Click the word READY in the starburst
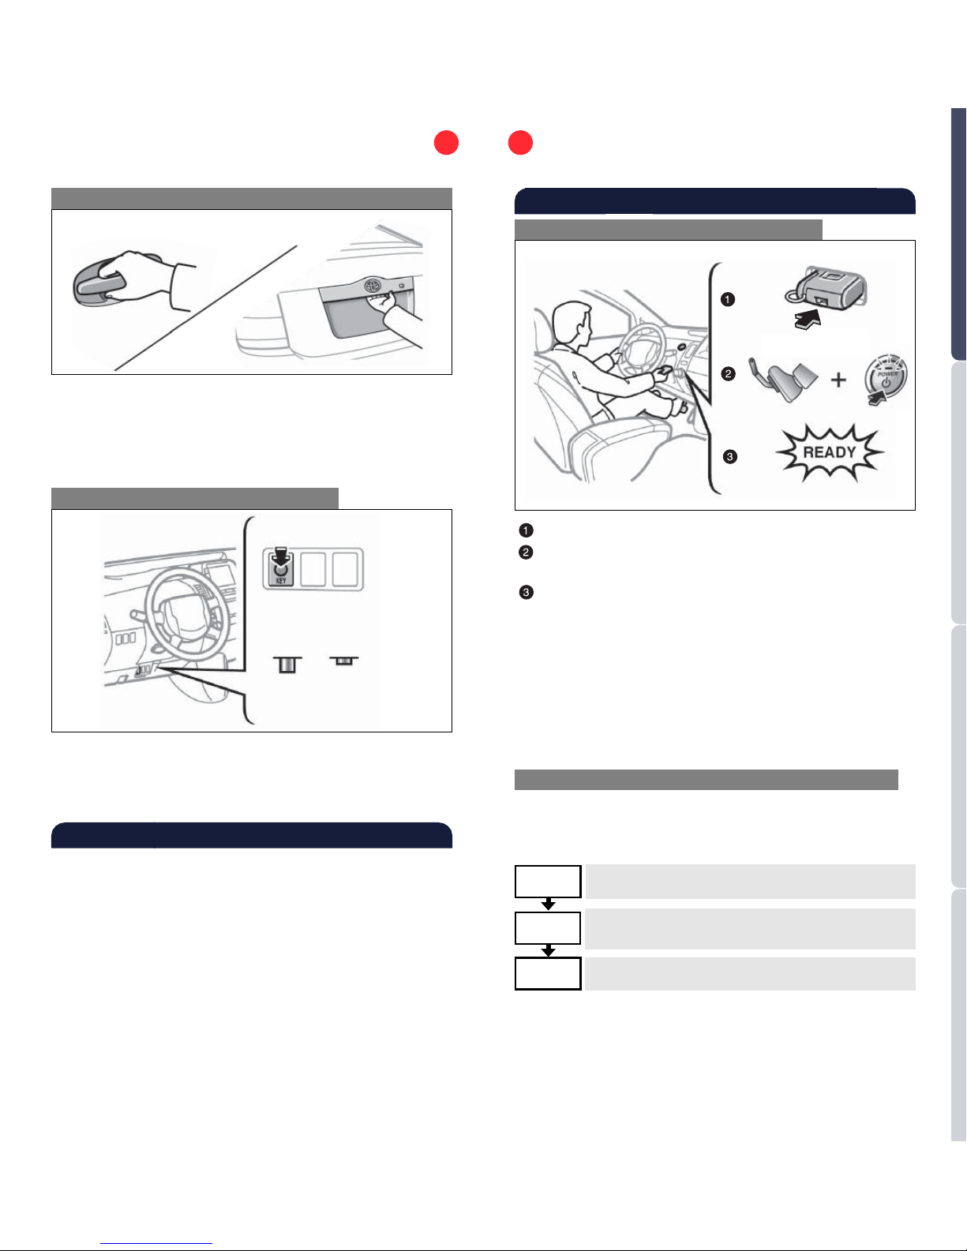(830, 452)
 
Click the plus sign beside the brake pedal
(838, 380)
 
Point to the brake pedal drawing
(783, 379)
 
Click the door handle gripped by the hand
(99, 283)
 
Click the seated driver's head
(571, 324)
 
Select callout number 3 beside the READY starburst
(730, 457)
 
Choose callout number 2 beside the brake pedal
(728, 374)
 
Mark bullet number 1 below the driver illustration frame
(526, 530)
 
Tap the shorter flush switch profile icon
(343, 661)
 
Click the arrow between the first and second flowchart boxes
(549, 904)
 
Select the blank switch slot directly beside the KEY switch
(313, 570)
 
